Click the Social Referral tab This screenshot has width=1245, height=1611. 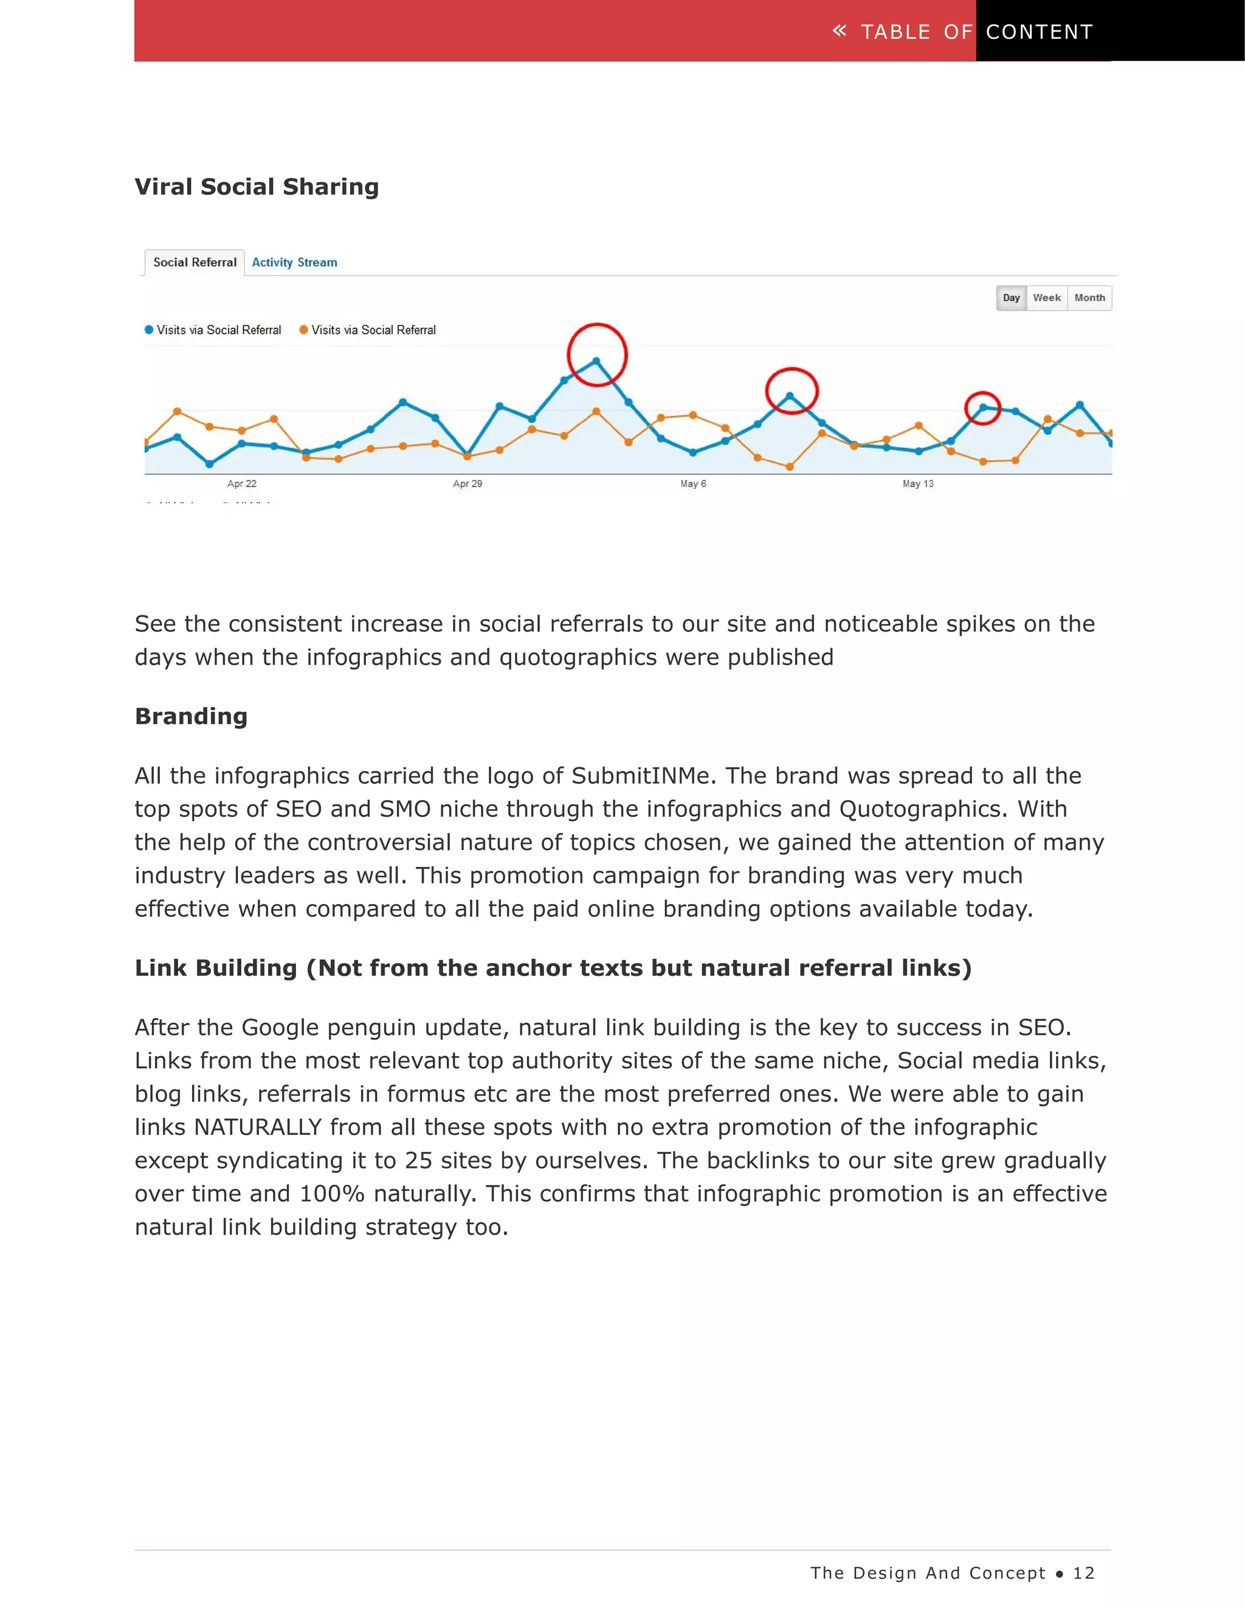coord(195,263)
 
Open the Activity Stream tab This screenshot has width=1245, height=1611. coord(294,263)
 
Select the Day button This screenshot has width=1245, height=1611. coord(1010,298)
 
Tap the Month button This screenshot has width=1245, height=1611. coord(1089,298)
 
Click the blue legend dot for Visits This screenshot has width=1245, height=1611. coord(149,329)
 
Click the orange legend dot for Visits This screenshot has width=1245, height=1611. coord(303,329)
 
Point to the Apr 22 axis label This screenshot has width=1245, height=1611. coord(242,484)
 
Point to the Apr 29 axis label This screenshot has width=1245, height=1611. coord(467,484)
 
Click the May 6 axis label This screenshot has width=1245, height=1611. coord(693,484)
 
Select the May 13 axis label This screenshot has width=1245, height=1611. coord(919,484)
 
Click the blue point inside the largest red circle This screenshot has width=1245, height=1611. coord(596,360)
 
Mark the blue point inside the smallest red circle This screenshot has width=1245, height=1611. coord(983,407)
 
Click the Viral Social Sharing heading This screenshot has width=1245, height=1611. coord(257,187)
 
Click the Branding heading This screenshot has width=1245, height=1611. coord(191,716)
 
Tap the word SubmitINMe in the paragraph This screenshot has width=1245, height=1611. coord(640,776)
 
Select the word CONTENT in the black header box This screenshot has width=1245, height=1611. coord(1039,32)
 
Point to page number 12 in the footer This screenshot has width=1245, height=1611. coord(1083,1573)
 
